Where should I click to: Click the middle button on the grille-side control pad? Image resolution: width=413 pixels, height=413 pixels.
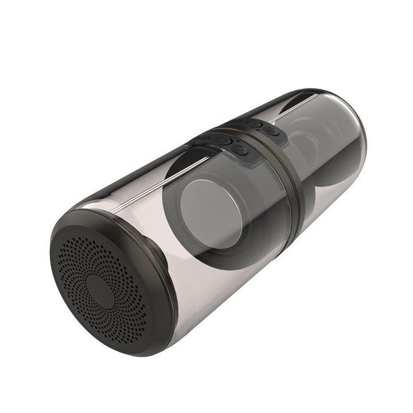pyautogui.click(x=224, y=141)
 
